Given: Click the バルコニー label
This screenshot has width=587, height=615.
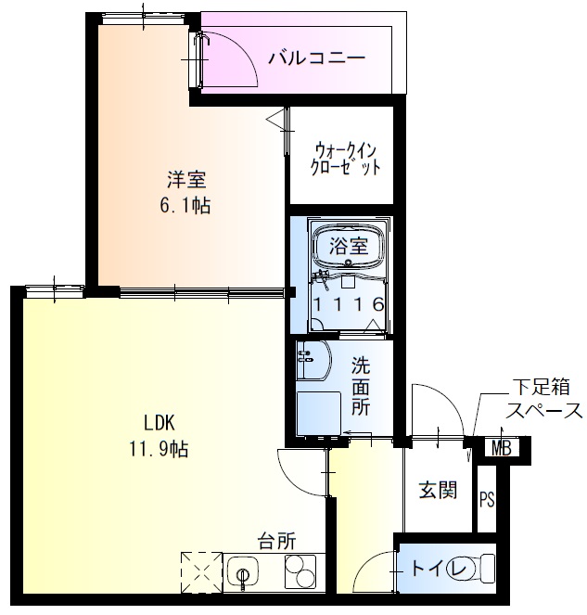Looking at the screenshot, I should (x=317, y=58).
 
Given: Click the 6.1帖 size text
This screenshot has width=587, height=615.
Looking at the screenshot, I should (x=185, y=206).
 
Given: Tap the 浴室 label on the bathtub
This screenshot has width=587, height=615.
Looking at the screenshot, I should (x=349, y=246).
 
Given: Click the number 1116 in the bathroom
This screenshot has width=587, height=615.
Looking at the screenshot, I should (x=348, y=304).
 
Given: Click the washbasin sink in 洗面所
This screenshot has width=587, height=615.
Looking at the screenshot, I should (x=313, y=362).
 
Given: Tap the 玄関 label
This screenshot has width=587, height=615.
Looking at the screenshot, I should (x=438, y=490).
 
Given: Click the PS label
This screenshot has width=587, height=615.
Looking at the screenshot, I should (x=487, y=499).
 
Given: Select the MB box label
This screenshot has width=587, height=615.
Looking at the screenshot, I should (x=502, y=450).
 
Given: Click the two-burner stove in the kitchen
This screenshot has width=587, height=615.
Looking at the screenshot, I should (x=298, y=572).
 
